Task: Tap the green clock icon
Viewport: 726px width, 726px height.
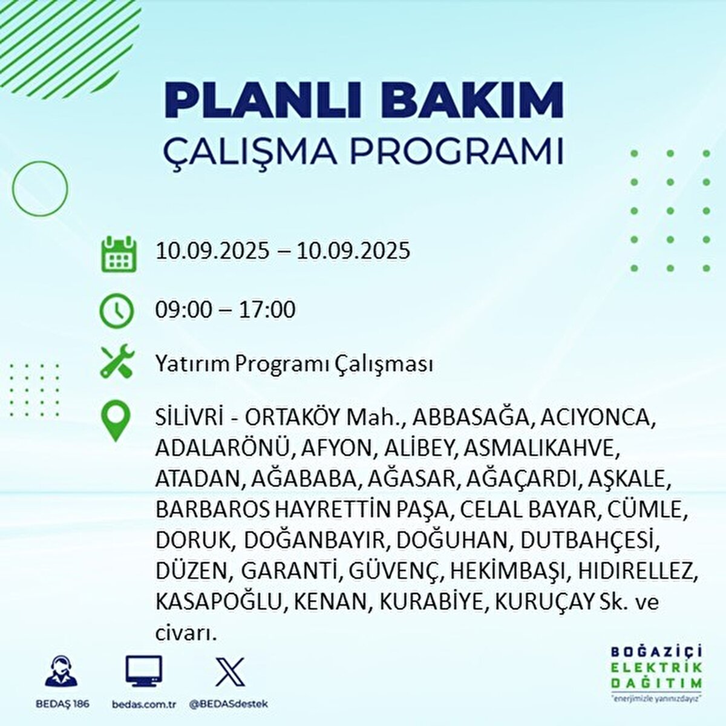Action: coord(116,311)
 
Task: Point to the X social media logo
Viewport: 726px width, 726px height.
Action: coord(231,671)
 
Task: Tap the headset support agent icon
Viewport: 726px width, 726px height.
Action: coord(61,671)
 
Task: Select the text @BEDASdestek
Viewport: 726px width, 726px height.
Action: coord(229,704)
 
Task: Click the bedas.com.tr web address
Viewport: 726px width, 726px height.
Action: coord(145,704)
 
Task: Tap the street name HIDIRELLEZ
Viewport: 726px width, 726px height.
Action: coord(638,571)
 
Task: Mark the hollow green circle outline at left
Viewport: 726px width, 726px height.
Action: coord(40,189)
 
